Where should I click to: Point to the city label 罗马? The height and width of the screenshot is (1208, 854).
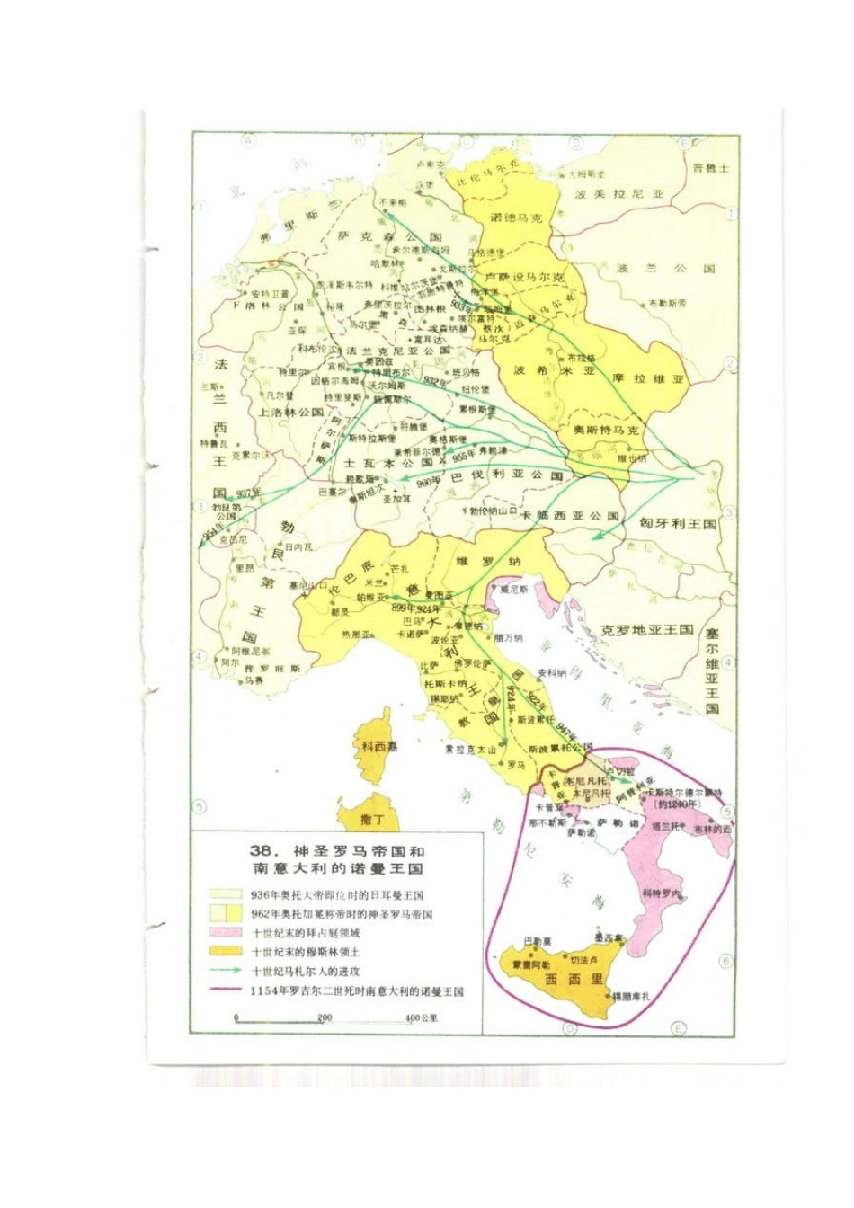[516, 766]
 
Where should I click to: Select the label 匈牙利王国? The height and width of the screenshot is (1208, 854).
[678, 523]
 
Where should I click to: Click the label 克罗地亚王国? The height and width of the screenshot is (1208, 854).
[647, 629]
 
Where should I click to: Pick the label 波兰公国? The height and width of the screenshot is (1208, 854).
[666, 269]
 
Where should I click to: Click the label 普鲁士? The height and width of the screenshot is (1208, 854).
[711, 168]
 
